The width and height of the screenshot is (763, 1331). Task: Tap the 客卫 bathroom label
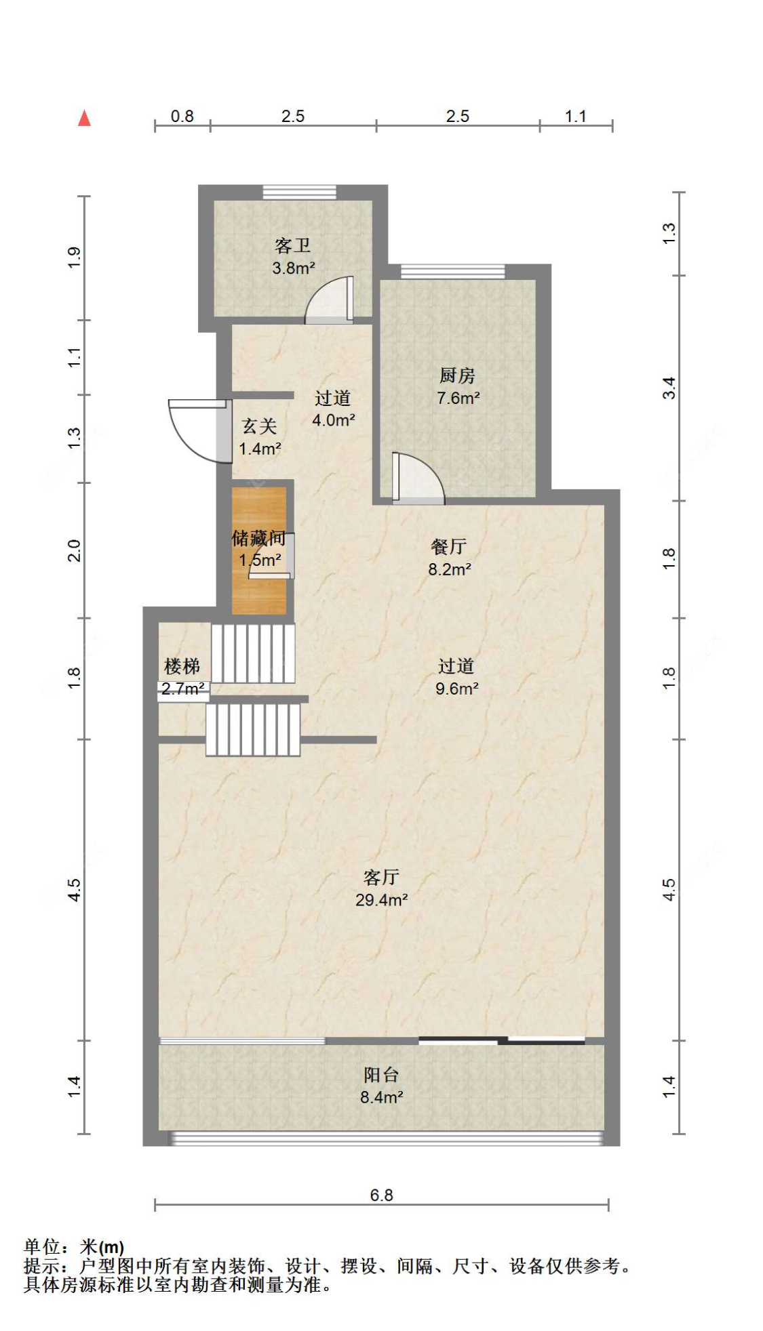pyautogui.click(x=293, y=245)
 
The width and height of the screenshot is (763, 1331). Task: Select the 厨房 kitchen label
pyautogui.click(x=457, y=375)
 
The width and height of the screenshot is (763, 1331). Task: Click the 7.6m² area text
pyautogui.click(x=458, y=398)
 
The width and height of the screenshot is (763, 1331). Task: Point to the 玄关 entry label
pyautogui.click(x=260, y=426)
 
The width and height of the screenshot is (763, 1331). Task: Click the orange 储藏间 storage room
pyautogui.click(x=258, y=550)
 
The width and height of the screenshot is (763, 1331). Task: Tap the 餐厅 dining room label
pyautogui.click(x=449, y=546)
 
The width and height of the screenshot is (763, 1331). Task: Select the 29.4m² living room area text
pyautogui.click(x=381, y=899)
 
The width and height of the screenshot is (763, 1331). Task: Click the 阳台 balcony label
pyautogui.click(x=381, y=1074)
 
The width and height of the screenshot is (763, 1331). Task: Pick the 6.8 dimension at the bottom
pyautogui.click(x=382, y=1194)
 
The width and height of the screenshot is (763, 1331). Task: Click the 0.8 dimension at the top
pyautogui.click(x=182, y=116)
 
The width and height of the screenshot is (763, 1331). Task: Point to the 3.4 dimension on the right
pyautogui.click(x=669, y=388)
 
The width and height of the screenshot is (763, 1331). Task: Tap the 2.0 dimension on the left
pyautogui.click(x=74, y=550)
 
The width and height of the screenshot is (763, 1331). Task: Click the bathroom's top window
pyautogui.click(x=300, y=192)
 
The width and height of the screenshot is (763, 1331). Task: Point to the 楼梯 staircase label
pyautogui.click(x=182, y=666)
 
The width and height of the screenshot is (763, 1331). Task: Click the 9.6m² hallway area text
pyautogui.click(x=457, y=689)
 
